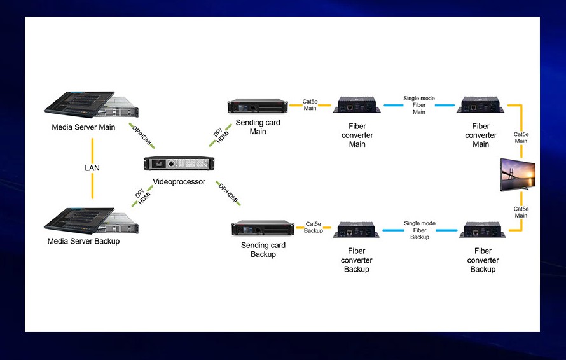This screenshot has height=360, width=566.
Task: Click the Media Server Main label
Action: tap(83, 127)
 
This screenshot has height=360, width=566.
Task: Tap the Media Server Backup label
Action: tap(83, 241)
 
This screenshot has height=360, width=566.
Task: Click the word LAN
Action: tap(92, 168)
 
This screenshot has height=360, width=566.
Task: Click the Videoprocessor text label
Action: tap(179, 182)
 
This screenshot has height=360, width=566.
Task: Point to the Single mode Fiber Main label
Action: tap(419, 106)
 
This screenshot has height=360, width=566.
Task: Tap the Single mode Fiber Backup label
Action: tap(420, 230)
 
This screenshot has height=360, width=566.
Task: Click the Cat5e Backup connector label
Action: tap(314, 227)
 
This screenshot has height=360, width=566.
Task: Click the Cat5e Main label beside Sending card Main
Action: tap(310, 105)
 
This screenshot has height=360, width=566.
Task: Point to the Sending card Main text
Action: tap(258, 127)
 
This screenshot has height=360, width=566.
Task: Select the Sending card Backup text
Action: tap(263, 250)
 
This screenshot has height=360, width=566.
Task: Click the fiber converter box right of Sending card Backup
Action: tap(357, 230)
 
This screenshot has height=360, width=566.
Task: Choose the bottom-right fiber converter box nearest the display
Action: tap(483, 230)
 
